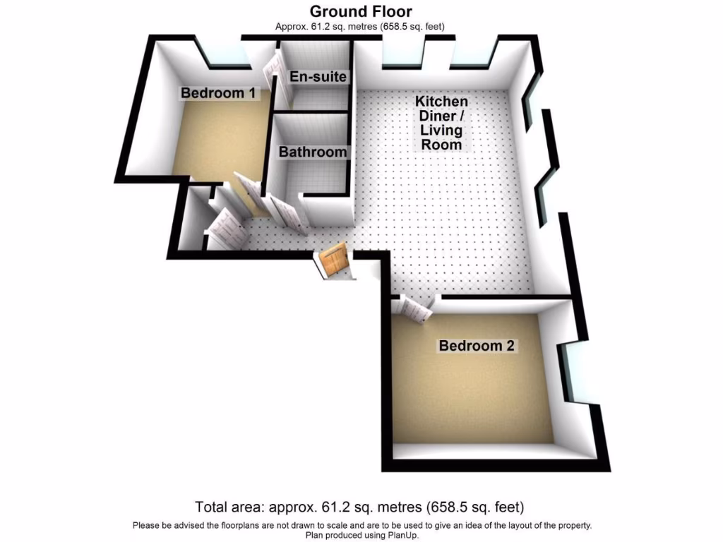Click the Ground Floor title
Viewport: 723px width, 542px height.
tap(361, 11)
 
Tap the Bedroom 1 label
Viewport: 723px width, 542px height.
tap(218, 93)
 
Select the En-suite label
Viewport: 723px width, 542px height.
tap(318, 76)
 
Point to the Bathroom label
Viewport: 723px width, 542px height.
tap(313, 152)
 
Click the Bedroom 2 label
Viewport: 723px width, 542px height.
tap(478, 346)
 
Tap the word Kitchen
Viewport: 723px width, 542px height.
tap(441, 102)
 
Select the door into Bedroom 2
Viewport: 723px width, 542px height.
tap(415, 308)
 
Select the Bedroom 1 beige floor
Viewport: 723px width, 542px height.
tap(212, 141)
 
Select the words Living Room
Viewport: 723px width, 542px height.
tap(441, 137)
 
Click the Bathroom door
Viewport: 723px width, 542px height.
tap(288, 213)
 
